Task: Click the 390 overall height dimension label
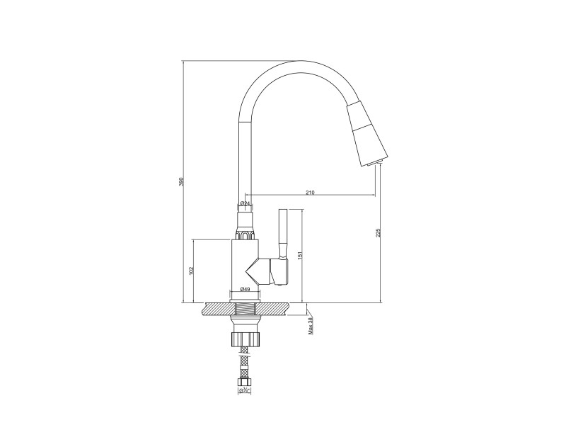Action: tap(182, 181)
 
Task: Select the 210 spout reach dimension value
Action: tap(310, 192)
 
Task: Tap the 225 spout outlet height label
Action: tap(378, 233)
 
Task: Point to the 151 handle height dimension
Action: tap(299, 255)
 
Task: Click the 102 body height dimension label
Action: tap(191, 271)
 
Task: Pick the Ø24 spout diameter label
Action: tap(245, 203)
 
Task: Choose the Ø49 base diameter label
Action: tap(245, 289)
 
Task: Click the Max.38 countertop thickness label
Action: tap(311, 326)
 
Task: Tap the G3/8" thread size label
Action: tap(244, 391)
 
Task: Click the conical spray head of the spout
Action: tap(366, 135)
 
